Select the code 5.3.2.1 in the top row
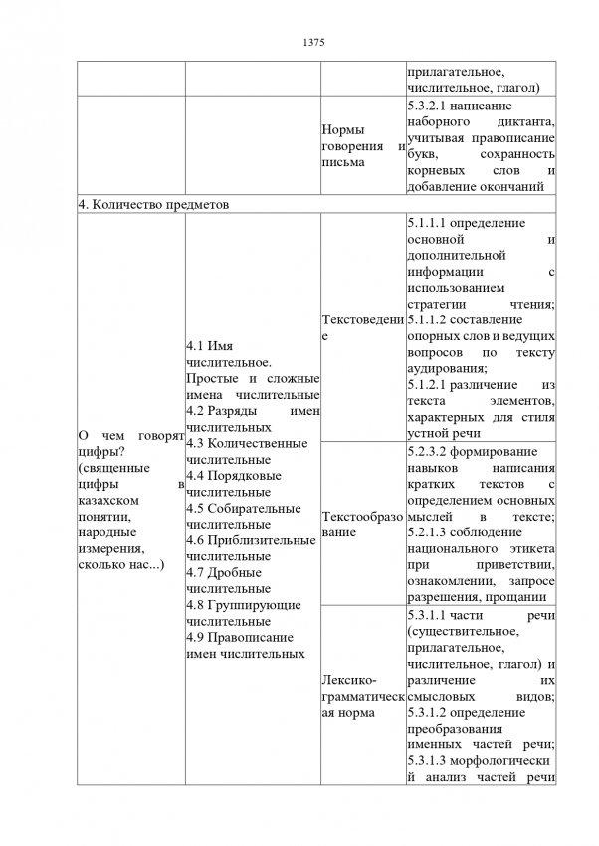tap(432, 105)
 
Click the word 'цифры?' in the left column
tap(99, 452)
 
